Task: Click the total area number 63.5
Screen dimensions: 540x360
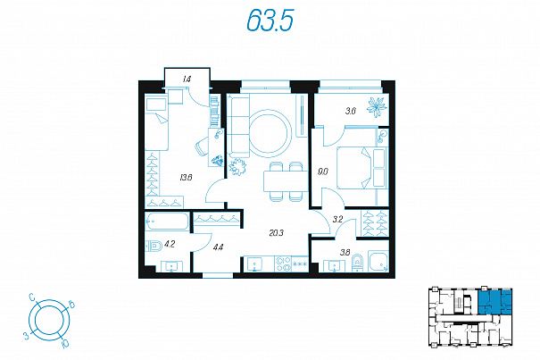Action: (x=270, y=20)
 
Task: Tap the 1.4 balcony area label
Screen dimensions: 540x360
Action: (x=187, y=80)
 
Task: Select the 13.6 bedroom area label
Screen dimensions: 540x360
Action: (x=186, y=178)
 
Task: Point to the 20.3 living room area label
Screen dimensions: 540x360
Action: (x=276, y=233)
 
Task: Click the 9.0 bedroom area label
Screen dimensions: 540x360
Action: (x=323, y=172)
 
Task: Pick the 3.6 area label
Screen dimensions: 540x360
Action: (x=351, y=111)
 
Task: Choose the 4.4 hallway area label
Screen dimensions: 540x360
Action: (x=219, y=247)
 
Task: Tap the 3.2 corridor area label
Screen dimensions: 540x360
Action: (x=337, y=219)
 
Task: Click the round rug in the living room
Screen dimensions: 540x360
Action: (x=270, y=131)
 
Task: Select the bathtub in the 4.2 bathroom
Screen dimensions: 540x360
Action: (x=167, y=221)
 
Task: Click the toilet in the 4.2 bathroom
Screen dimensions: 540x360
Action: (x=154, y=247)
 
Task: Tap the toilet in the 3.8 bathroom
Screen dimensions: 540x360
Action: (x=358, y=264)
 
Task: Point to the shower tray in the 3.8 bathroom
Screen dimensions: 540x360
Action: (x=378, y=262)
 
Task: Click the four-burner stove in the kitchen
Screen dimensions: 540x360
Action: (x=283, y=264)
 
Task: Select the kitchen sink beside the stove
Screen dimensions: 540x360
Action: (x=254, y=264)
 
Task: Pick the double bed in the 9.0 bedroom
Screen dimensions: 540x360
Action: (x=361, y=168)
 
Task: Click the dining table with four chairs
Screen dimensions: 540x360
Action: (x=286, y=181)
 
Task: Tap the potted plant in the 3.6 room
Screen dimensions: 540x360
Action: (x=376, y=106)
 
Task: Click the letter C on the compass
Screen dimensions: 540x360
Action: (x=32, y=297)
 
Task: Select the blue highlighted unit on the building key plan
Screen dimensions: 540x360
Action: (x=494, y=302)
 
